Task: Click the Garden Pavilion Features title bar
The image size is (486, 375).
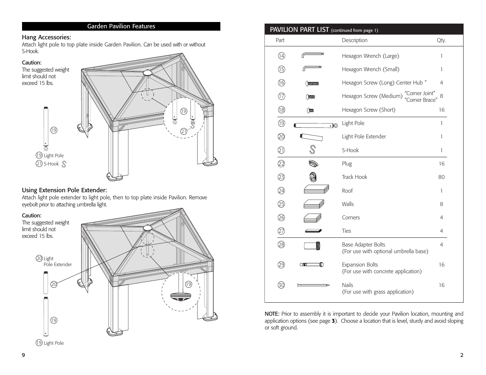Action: click(x=121, y=26)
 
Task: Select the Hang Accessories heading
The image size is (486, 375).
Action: click(x=46, y=37)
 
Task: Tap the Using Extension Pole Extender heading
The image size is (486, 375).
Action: click(x=65, y=190)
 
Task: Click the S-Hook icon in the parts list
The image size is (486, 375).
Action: click(x=312, y=150)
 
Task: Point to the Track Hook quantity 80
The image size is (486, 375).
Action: click(x=441, y=177)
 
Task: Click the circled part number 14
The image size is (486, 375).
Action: click(x=281, y=55)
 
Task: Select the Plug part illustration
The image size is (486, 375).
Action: click(x=313, y=164)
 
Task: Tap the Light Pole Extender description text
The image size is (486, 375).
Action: click(x=364, y=136)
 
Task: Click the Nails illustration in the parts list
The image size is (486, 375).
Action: click(x=313, y=285)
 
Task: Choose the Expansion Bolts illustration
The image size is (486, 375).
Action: click(x=312, y=265)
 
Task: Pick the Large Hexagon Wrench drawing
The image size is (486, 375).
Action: click(x=312, y=55)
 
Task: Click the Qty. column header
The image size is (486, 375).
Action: click(x=441, y=40)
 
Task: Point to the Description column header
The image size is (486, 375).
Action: click(x=355, y=40)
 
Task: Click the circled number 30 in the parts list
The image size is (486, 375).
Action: click(x=281, y=285)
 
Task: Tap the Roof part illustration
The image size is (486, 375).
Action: click(x=316, y=189)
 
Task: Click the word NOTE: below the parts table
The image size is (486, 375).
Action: click(x=272, y=314)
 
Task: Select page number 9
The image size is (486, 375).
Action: click(x=23, y=355)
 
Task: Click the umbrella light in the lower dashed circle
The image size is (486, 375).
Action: click(x=181, y=297)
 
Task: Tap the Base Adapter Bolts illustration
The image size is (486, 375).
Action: click(x=312, y=246)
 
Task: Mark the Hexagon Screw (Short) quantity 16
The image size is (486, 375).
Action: click(x=442, y=110)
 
